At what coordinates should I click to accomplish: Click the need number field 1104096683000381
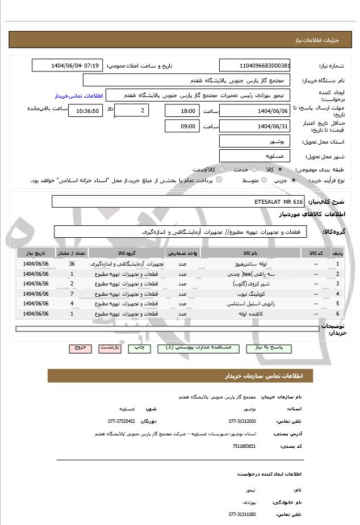click(254, 65)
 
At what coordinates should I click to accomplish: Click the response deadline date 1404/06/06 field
click(254, 110)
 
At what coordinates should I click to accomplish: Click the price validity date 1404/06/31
click(254, 126)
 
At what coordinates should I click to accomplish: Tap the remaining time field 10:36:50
click(85, 111)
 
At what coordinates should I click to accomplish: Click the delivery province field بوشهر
click(254, 141)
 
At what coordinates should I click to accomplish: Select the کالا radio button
click(280, 170)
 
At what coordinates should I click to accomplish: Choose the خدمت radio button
click(253, 170)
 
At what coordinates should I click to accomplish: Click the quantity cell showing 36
click(72, 264)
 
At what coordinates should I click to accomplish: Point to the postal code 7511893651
click(244, 446)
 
